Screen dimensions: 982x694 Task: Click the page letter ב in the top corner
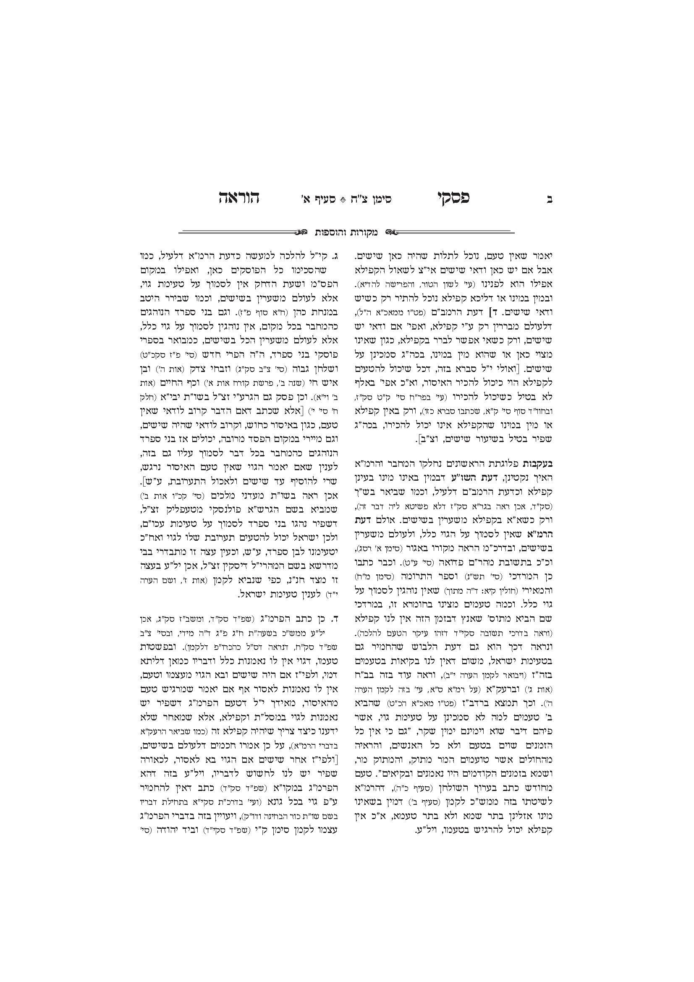click(550, 199)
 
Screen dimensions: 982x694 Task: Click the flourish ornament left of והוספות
click(301, 232)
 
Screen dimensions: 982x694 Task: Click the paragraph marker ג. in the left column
click(336, 257)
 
